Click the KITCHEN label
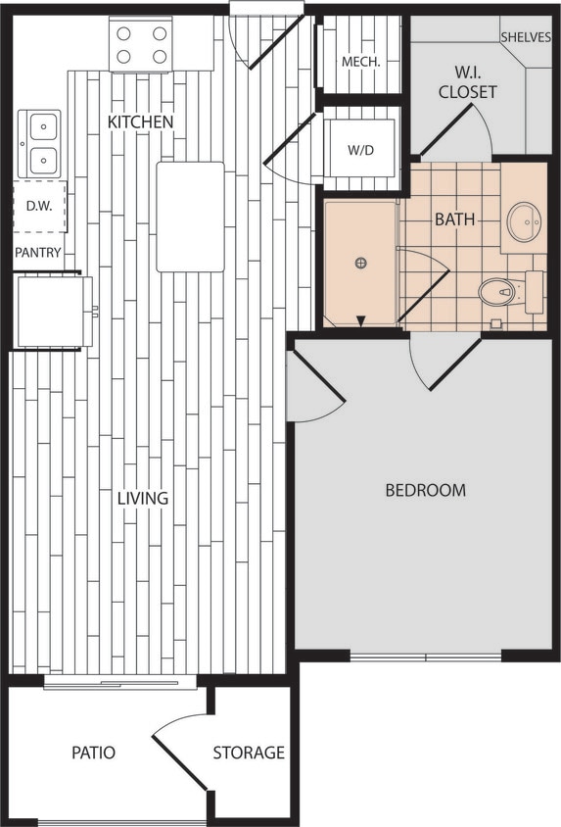click(140, 122)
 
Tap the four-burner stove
click(141, 44)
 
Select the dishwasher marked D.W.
click(39, 206)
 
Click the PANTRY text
click(38, 253)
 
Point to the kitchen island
click(190, 217)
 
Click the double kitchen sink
click(40, 143)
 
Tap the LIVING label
click(143, 498)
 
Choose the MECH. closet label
click(360, 62)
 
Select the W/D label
click(360, 151)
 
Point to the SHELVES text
click(526, 37)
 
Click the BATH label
click(454, 219)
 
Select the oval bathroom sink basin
click(524, 221)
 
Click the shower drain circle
click(361, 263)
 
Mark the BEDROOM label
click(425, 490)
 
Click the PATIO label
click(94, 753)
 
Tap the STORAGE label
click(250, 753)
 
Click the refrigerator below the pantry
click(54, 312)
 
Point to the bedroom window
click(426, 656)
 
